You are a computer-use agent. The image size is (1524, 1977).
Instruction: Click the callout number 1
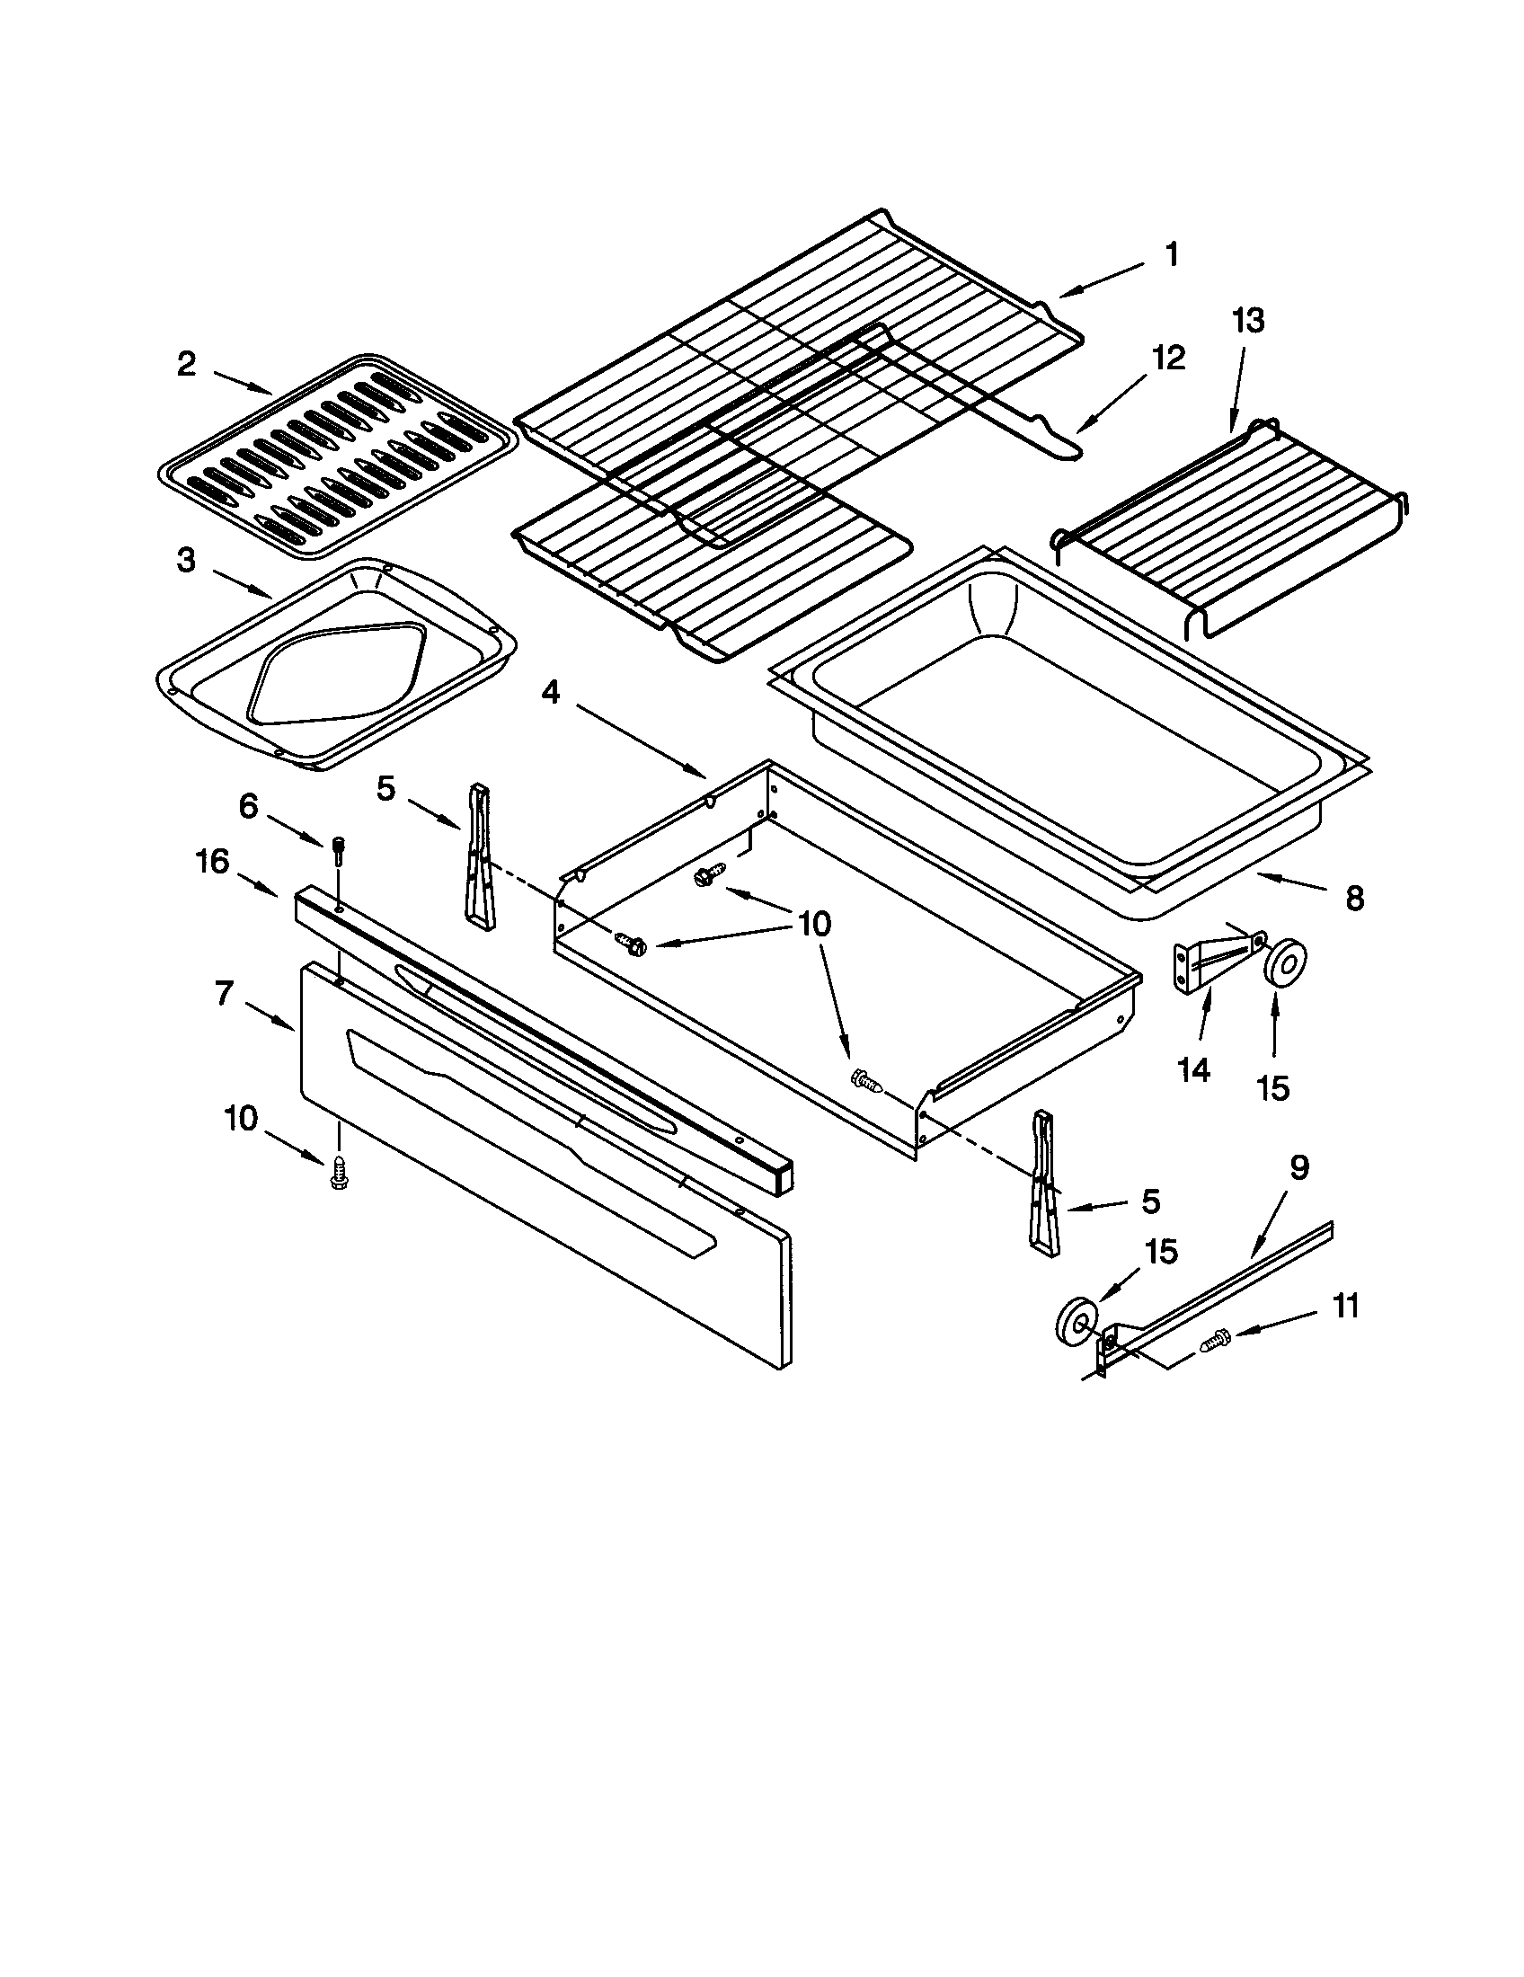coord(1171,255)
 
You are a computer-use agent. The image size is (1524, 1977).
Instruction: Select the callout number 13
coord(1247,321)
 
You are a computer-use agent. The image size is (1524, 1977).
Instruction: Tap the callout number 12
coord(1167,359)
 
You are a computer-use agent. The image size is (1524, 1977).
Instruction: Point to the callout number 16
coord(213,862)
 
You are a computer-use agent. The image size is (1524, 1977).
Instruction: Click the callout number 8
coord(1354,899)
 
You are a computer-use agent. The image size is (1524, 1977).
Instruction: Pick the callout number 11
coord(1346,1307)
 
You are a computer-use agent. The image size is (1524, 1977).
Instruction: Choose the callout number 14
coord(1193,1070)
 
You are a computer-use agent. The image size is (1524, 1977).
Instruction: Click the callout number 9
coord(1298,1167)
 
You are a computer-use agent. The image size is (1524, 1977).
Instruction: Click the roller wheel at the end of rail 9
coord(1073,1323)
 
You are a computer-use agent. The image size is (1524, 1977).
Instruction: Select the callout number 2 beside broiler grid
coord(185,365)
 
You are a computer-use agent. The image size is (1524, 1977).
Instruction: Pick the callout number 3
coord(185,561)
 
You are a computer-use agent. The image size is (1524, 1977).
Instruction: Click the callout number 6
coord(248,806)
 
